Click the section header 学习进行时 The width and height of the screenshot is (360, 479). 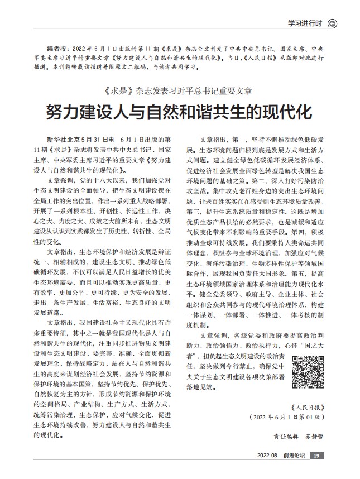305,23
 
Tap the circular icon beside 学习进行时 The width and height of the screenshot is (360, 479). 333,23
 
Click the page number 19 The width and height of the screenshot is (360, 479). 316,457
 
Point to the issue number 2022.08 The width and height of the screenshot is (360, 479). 268,457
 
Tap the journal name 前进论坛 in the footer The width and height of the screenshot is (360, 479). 294,457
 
